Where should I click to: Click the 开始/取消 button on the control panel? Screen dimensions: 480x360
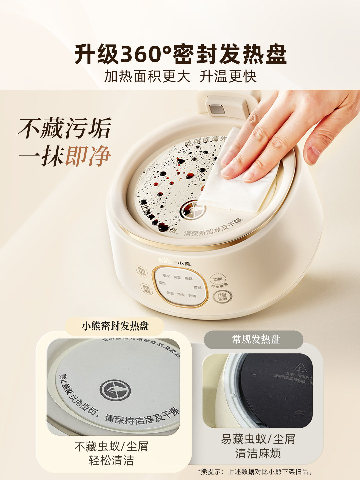[x=222, y=297]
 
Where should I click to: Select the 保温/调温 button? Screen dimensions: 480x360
[x=146, y=289]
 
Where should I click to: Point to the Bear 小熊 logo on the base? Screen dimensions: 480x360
[x=176, y=262]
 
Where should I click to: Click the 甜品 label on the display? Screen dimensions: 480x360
[x=197, y=287]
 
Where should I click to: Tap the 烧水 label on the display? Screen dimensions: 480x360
[x=166, y=276]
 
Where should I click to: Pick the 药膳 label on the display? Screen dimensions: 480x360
[x=192, y=295]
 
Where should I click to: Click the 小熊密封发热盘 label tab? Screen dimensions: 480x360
[x=115, y=326]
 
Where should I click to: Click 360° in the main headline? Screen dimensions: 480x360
[x=145, y=54]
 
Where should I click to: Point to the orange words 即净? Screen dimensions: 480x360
[x=88, y=156]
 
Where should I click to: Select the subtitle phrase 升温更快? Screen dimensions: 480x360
[x=228, y=76]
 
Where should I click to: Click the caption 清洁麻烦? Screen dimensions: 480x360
[x=258, y=453]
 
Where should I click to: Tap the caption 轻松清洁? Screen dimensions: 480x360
[x=111, y=460]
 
